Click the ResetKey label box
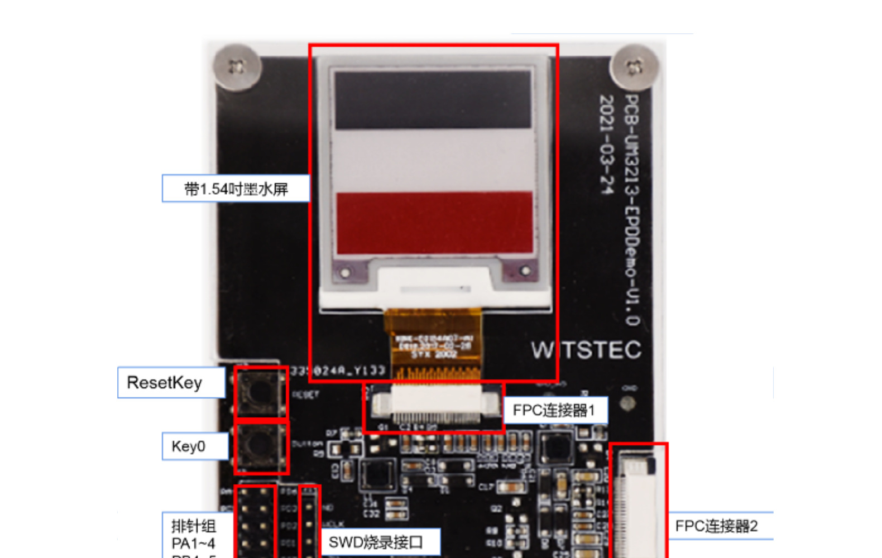pyautogui.click(x=171, y=383)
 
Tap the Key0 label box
pyautogui.click(x=195, y=446)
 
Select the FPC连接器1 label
pyautogui.click(x=555, y=411)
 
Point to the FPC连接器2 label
pyautogui.click(x=717, y=526)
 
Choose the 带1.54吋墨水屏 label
pyautogui.click(x=236, y=189)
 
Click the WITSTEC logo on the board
pyautogui.click(x=586, y=350)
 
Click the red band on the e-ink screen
pyautogui.click(x=434, y=223)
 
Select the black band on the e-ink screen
pyautogui.click(x=433, y=99)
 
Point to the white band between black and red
pyautogui.click(x=434, y=161)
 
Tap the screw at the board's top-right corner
pyautogui.click(x=634, y=68)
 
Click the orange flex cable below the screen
pyautogui.click(x=433, y=343)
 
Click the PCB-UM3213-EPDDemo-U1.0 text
pyautogui.click(x=631, y=209)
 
